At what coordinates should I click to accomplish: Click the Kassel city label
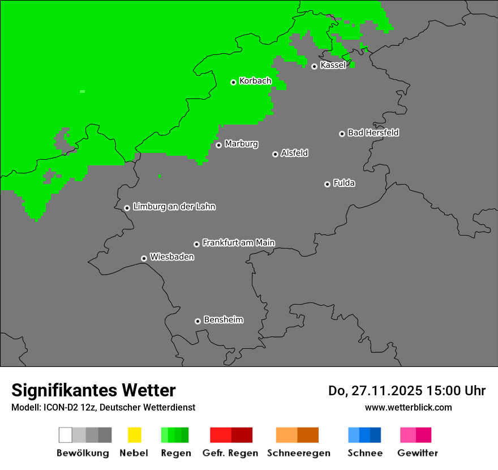coord(333,65)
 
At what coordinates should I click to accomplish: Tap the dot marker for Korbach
coord(233,82)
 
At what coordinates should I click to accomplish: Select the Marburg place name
coord(241,144)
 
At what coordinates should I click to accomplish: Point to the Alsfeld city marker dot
coord(275,154)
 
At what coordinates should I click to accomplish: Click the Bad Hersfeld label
coord(373,133)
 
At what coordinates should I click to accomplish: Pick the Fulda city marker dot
coord(327,184)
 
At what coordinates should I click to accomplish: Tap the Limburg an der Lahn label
coord(174,207)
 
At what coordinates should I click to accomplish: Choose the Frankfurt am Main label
coord(238,243)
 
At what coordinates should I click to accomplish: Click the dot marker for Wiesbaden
coord(144,258)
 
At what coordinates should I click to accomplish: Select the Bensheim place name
coord(223,320)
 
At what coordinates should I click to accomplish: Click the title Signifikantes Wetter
coord(93,390)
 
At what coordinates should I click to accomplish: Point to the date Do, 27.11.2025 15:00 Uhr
coord(407,391)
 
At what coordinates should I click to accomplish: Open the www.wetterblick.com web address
coord(408,407)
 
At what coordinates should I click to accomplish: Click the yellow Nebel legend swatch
coord(134,435)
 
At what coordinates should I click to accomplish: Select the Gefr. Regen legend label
coord(230,453)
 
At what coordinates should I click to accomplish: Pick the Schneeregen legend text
coord(298,453)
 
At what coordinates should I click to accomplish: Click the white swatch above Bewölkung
coord(65,435)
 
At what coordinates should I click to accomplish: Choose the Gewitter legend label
coord(417,453)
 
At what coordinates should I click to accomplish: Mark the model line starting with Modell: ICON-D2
coord(103,407)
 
